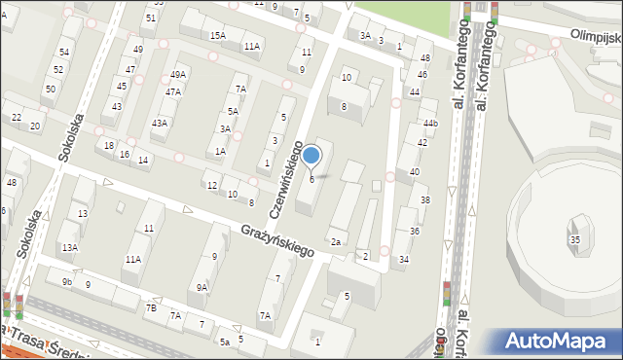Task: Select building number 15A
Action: pos(217,35)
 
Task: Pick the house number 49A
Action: pos(177,75)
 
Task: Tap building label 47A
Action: pos(172,92)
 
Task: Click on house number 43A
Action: pos(159,123)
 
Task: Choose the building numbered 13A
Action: pos(70,248)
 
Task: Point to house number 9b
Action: pos(67,282)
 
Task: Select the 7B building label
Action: pos(151,307)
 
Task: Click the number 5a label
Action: pos(224,342)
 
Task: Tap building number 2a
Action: pos(336,241)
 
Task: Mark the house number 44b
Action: pos(430,124)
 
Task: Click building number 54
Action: pos(64,52)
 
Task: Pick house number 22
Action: pos(16,117)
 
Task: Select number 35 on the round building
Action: pos(575,239)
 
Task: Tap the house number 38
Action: pos(424,200)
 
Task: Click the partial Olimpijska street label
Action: pos(596,36)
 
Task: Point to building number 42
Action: pos(422,142)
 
